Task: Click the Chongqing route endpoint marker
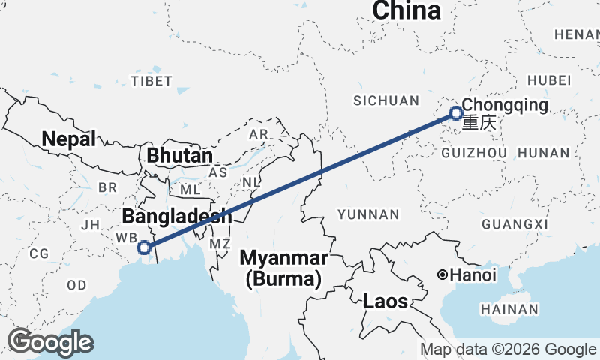455,114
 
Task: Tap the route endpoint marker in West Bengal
144,246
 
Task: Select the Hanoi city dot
443,275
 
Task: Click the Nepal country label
69,139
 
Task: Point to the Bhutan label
180,156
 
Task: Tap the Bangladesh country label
176,217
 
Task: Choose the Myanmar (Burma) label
283,268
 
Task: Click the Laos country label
385,301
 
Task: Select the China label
406,10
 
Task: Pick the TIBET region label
151,80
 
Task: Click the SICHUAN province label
386,100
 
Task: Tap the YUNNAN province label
368,214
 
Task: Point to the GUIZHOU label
475,153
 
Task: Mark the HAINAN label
511,308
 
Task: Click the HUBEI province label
549,80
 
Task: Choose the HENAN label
576,34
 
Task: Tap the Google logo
50,342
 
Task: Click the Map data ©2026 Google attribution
508,349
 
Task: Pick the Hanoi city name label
474,275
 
